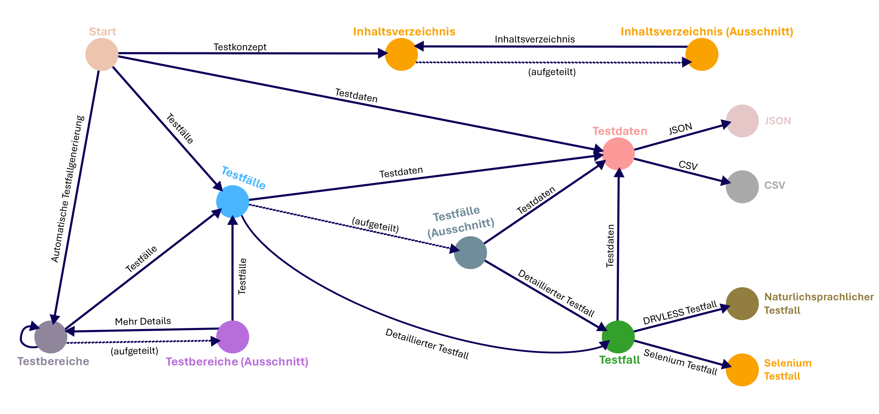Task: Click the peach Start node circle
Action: pyautogui.click(x=102, y=55)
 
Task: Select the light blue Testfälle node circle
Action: pyautogui.click(x=233, y=202)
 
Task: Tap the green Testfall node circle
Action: pyautogui.click(x=618, y=337)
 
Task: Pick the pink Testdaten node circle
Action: pyautogui.click(x=618, y=154)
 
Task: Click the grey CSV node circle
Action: pyautogui.click(x=742, y=187)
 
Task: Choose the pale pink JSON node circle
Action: pyautogui.click(x=742, y=121)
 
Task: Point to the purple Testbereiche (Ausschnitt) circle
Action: pyautogui.click(x=233, y=337)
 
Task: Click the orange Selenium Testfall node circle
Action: pyautogui.click(x=742, y=370)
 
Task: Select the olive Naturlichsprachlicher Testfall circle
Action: pyautogui.click(x=742, y=304)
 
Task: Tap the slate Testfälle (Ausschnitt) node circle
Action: pyautogui.click(x=470, y=253)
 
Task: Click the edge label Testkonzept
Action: pyautogui.click(x=240, y=47)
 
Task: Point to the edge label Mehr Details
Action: pyautogui.click(x=143, y=321)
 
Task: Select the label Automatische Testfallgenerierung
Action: pyautogui.click(x=68, y=189)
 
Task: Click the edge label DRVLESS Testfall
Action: pyautogui.click(x=680, y=313)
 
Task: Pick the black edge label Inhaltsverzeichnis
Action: pyautogui.click(x=534, y=39)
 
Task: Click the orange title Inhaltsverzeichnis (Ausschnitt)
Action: pyautogui.click(x=707, y=32)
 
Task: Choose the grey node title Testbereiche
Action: pyautogui.click(x=53, y=361)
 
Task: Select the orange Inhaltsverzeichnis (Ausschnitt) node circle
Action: pyautogui.click(x=702, y=55)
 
